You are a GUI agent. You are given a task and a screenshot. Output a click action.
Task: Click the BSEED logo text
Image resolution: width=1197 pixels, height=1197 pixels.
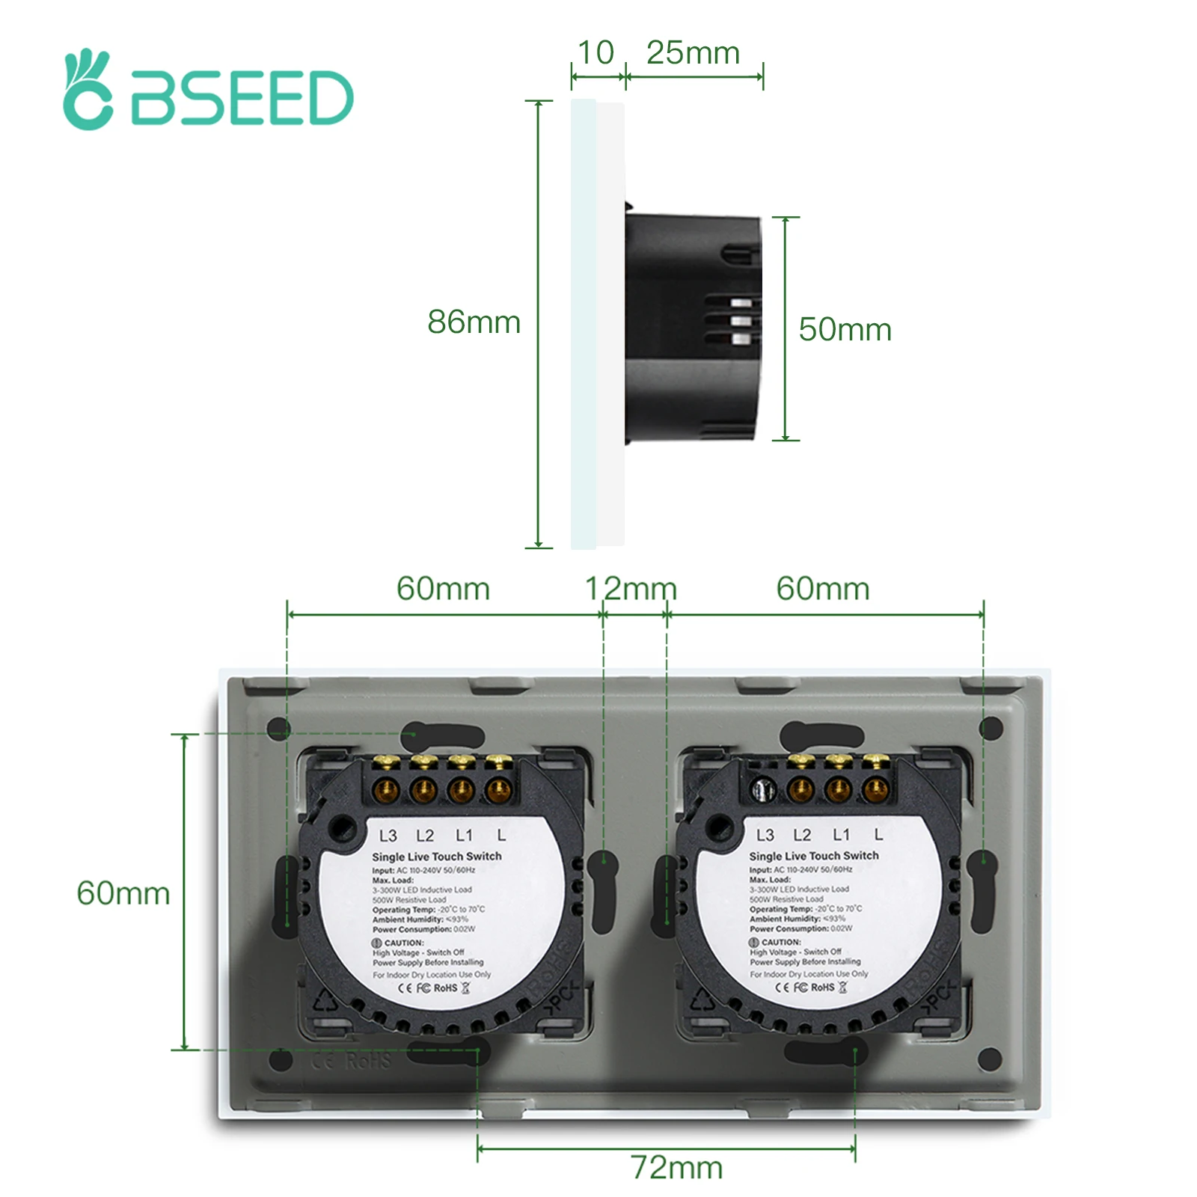[x=241, y=98]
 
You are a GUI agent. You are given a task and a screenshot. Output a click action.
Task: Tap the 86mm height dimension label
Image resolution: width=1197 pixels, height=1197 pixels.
[x=474, y=322]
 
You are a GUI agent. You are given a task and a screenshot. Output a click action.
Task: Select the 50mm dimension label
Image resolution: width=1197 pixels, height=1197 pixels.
[x=845, y=330]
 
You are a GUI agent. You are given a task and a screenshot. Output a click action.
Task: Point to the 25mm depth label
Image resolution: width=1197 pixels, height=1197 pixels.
[x=693, y=53]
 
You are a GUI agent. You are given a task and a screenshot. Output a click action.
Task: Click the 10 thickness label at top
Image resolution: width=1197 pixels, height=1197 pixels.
[x=596, y=53]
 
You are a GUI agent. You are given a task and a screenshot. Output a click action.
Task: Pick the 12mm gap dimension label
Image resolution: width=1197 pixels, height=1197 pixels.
[x=631, y=589]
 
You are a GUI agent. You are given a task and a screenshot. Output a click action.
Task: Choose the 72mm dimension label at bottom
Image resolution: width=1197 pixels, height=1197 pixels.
[x=676, y=1167]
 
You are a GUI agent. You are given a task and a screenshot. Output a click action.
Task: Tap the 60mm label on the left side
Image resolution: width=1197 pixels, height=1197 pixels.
[x=123, y=893]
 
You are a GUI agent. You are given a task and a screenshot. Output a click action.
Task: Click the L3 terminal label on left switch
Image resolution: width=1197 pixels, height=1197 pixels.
[x=388, y=836]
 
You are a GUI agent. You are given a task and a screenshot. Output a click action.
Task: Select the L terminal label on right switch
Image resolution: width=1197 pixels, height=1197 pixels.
[x=878, y=834]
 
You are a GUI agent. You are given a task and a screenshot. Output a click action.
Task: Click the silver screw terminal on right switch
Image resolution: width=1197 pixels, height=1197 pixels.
[x=762, y=789]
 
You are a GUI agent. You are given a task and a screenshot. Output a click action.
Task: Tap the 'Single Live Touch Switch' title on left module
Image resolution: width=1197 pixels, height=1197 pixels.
[x=437, y=857]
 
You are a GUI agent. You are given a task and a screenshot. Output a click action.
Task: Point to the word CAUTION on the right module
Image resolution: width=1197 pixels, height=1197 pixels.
[x=781, y=942]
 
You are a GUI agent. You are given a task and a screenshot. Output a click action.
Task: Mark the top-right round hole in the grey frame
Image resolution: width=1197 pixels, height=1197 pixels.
[x=991, y=728]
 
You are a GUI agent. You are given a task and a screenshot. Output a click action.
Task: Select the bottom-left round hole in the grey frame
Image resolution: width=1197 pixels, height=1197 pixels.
[x=281, y=1059]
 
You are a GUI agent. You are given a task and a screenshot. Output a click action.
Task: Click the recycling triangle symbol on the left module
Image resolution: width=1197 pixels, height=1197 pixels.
[x=325, y=999]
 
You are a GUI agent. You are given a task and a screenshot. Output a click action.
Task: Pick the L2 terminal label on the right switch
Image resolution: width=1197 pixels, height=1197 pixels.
[x=802, y=835]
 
